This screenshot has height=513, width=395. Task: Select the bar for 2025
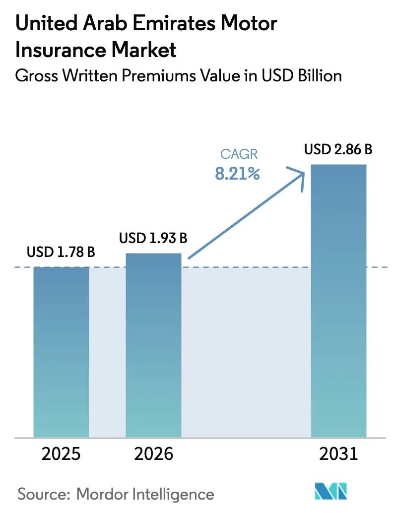point(61,352)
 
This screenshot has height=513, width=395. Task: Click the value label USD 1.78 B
point(61,253)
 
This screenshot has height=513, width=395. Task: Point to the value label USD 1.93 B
point(153,239)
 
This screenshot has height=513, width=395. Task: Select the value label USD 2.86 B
point(338,149)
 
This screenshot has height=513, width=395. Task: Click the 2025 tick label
point(61,454)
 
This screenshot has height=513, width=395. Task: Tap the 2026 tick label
point(153,454)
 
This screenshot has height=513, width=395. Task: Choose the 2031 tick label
point(338,454)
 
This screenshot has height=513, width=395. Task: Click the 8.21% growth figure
point(237,174)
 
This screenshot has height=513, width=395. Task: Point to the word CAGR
point(237,155)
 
